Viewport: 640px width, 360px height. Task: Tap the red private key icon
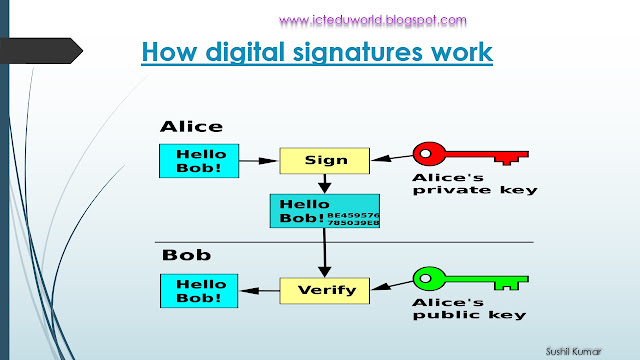[471, 156]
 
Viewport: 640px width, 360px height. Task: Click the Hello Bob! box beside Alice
[200, 161]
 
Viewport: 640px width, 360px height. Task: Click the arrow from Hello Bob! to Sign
[259, 158]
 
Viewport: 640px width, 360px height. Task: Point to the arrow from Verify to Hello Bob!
[259, 291]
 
